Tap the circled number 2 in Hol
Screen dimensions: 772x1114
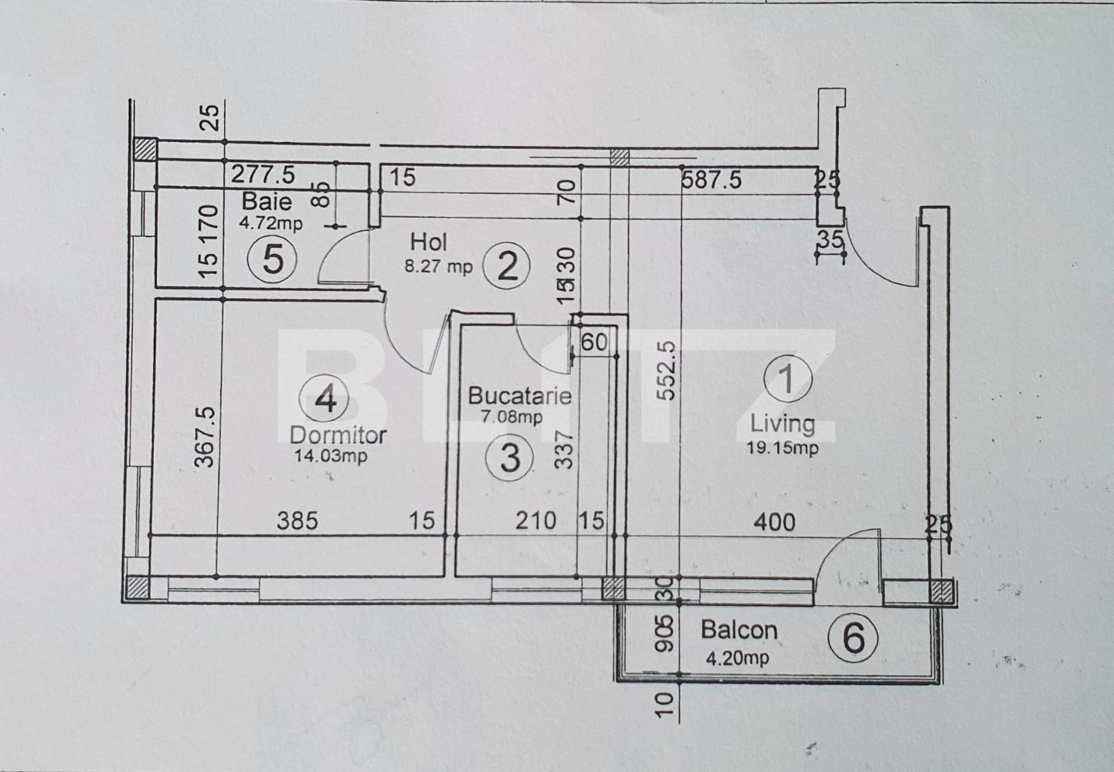[x=508, y=266]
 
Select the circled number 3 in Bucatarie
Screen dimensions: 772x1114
[x=510, y=457]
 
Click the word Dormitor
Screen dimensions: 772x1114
[x=338, y=436]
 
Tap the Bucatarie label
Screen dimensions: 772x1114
[x=519, y=396]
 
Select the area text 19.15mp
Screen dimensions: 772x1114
[x=783, y=448]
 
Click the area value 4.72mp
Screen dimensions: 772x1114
[x=271, y=223]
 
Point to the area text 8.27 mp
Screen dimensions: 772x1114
[x=438, y=266]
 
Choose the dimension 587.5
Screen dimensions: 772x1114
[x=711, y=180]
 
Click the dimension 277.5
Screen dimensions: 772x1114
[x=262, y=174]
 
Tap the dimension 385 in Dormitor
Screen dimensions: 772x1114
[x=297, y=521]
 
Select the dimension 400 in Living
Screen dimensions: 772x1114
[x=774, y=521]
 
